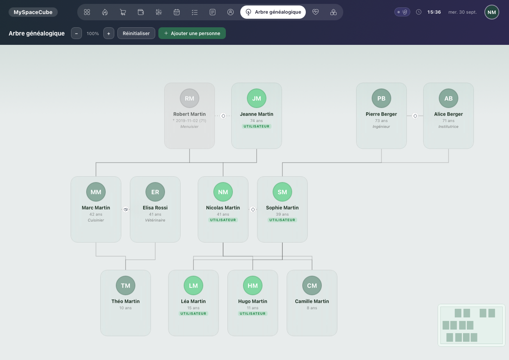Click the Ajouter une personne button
tap(192, 34)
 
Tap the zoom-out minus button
tap(76, 34)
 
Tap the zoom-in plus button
tap(108, 34)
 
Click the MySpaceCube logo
tap(33, 12)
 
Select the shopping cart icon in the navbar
tap(123, 12)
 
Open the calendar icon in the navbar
tap(177, 12)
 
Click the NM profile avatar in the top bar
tap(492, 12)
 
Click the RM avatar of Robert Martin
tap(190, 98)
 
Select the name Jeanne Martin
tap(257, 114)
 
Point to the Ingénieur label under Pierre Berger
tap(381, 127)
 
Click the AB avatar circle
tap(448, 98)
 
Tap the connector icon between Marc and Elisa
tap(126, 209)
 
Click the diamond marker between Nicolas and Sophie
tap(253, 209)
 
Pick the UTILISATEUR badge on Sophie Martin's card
tap(282, 220)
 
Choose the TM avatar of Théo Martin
tap(126, 286)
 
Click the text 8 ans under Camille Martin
tap(312, 308)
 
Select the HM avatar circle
tap(253, 286)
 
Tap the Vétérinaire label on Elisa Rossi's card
tap(155, 220)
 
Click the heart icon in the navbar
tap(316, 12)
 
